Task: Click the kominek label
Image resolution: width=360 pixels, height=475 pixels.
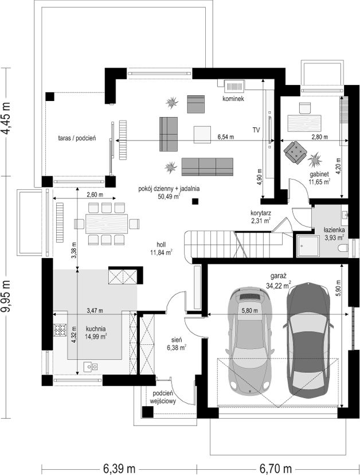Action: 233,99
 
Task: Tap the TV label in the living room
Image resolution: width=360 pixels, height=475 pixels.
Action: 256,130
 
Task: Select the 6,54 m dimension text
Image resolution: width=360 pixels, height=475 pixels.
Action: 225,137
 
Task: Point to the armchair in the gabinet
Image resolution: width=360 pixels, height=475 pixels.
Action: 295,153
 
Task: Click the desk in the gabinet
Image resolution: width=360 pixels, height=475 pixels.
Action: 304,122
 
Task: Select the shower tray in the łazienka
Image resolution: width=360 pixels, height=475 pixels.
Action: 308,246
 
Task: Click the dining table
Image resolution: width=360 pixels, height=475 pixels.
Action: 107,224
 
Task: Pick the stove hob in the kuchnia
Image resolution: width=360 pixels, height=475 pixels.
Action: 60,330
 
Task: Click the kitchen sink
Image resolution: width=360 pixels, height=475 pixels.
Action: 91,367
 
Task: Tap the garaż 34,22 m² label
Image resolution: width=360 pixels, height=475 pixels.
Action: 279,281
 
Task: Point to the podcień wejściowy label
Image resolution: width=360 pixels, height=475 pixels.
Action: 163,398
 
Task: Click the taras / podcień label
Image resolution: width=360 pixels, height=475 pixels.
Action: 77,138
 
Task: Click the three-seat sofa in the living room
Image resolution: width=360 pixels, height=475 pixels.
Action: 208,166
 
